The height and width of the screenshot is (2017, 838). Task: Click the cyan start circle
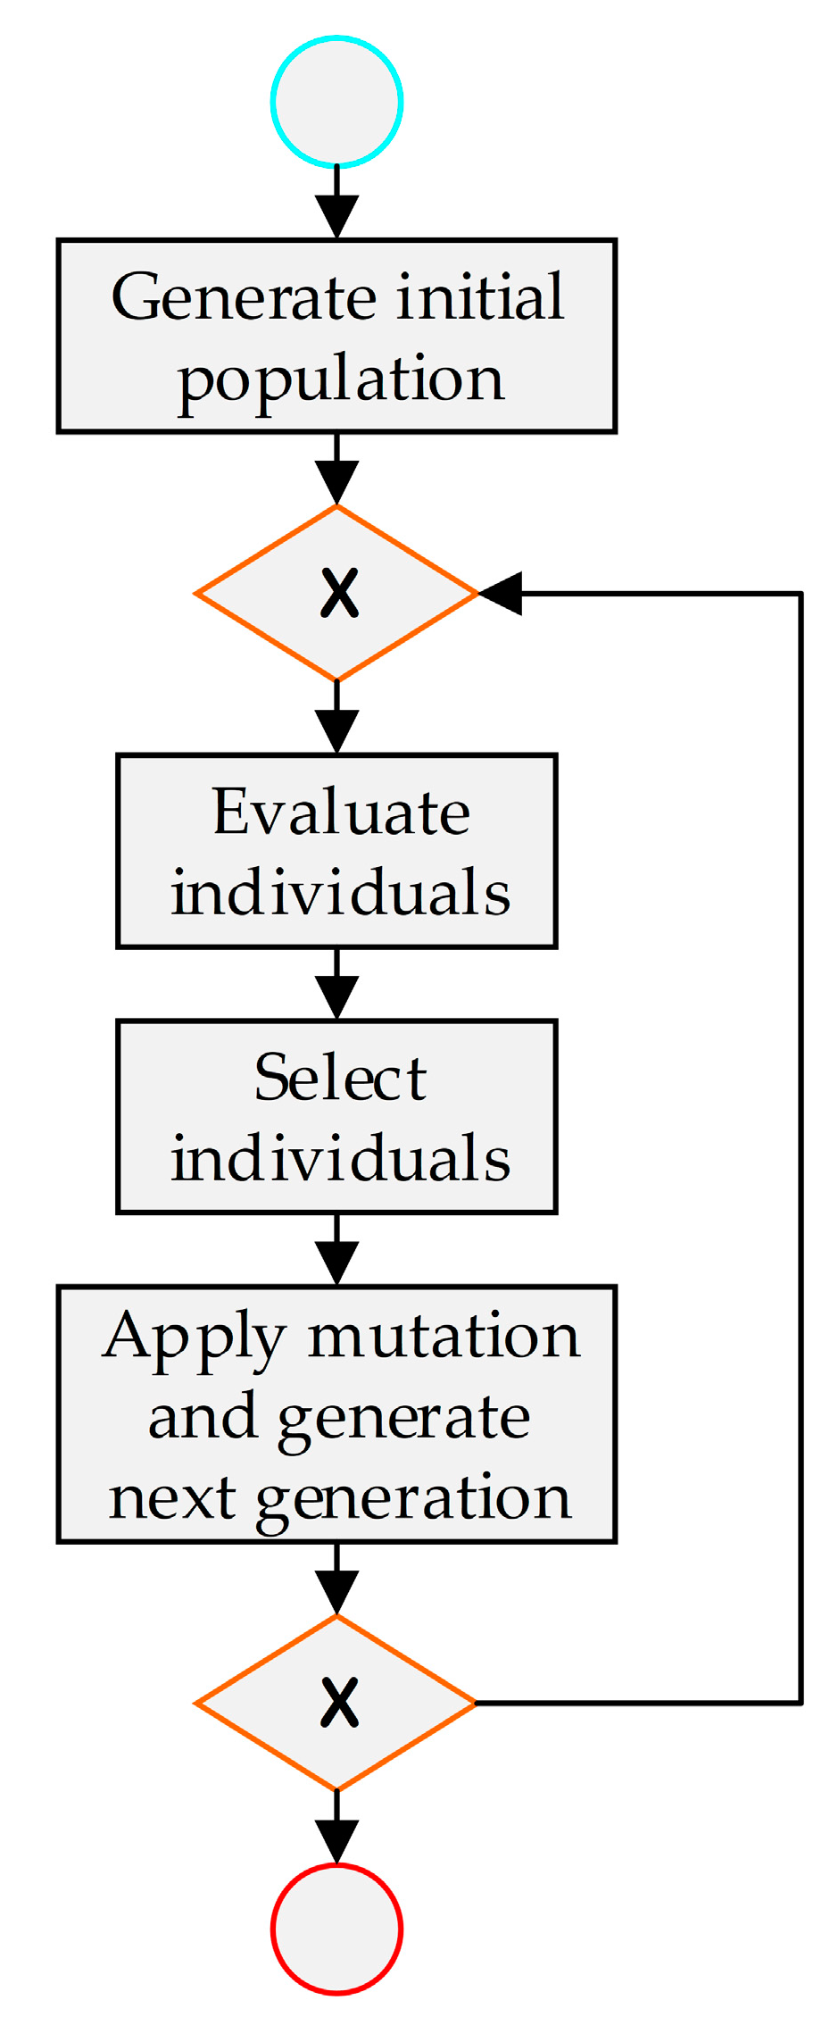tap(336, 102)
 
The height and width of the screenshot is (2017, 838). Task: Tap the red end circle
tap(336, 1929)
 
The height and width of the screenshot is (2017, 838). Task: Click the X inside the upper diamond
tap(339, 594)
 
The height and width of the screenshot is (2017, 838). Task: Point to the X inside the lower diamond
tap(339, 1703)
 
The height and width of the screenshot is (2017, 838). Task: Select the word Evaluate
tap(341, 813)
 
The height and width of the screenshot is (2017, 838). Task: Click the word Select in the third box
tap(340, 1078)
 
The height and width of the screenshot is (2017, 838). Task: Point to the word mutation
tap(444, 1338)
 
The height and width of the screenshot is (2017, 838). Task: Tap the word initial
tap(480, 296)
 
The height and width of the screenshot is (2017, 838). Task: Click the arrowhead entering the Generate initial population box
tap(336, 217)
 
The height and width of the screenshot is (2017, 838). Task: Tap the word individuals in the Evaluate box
tap(340, 893)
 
